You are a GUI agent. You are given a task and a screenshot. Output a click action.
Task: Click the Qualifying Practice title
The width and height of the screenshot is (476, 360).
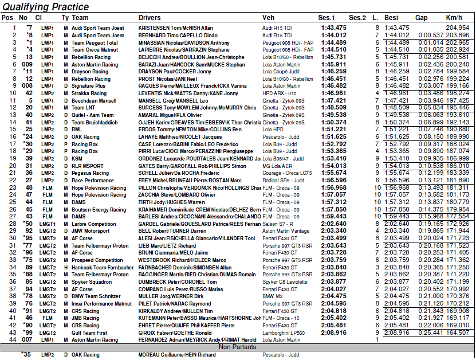coord(45,7)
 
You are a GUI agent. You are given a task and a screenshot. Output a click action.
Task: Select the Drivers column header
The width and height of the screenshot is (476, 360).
coord(150,18)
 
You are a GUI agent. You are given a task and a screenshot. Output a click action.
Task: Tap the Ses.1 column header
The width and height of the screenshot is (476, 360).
coord(327,18)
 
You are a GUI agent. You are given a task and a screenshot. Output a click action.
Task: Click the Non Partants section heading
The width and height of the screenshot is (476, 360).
coord(237,347)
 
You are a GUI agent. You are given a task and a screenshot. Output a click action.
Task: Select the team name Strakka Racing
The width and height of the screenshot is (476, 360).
coord(89,92)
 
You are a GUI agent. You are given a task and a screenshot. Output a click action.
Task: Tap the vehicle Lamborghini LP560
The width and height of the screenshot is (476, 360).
coord(284,332)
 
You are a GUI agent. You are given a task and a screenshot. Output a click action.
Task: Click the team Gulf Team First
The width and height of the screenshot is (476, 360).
coord(89,332)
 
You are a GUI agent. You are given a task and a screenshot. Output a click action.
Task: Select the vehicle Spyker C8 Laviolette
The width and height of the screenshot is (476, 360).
coord(285,282)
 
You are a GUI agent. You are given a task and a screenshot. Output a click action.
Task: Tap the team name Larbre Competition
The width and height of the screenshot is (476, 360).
coord(93,224)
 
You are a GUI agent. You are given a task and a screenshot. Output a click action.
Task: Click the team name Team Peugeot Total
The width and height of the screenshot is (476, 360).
coord(95,42)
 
